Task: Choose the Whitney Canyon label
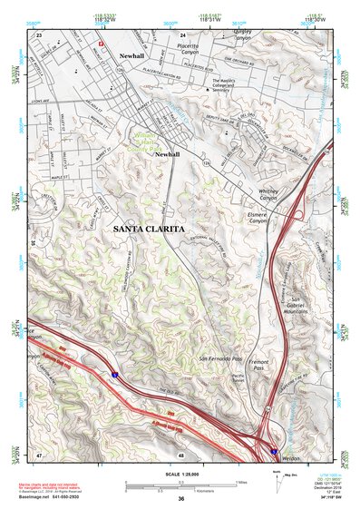pyautogui.click(x=271, y=195)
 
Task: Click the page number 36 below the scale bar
pyautogui.click(x=181, y=498)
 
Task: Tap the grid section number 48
pyautogui.click(x=181, y=454)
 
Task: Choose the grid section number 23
pyautogui.click(x=39, y=34)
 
